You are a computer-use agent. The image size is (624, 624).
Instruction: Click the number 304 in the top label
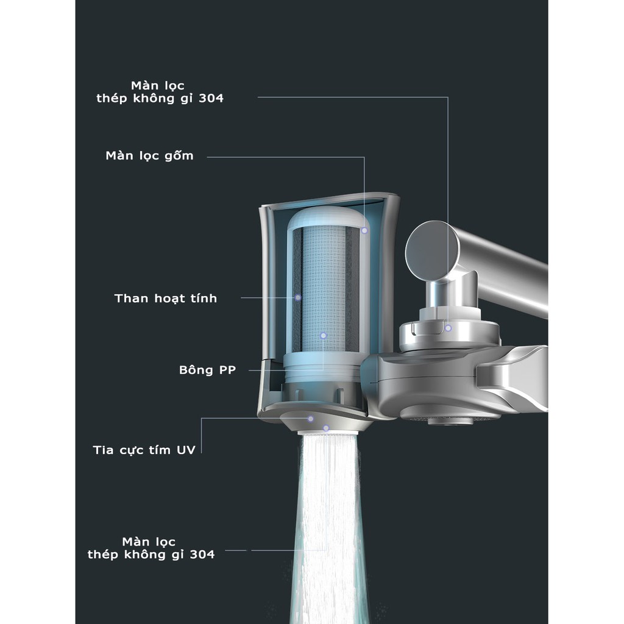coord(210,98)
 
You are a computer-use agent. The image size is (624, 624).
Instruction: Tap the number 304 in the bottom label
coord(202,554)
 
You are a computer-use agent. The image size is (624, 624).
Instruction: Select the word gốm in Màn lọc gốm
coord(179,155)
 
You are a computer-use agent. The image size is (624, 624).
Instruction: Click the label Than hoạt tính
coord(165,298)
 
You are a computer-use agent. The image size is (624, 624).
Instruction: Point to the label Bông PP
coord(207,370)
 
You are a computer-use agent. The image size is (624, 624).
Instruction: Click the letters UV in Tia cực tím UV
coord(186,450)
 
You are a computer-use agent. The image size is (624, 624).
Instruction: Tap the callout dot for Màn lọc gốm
coord(364,230)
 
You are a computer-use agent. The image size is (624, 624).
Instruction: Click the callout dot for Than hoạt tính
coord(298,297)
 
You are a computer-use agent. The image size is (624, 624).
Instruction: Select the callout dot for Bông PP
coord(324,335)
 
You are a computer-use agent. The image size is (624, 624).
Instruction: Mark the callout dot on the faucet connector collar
coord(448,328)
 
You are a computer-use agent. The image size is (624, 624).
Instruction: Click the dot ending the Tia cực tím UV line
coord(311,418)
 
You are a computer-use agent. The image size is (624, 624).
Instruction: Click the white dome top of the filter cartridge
coord(326,219)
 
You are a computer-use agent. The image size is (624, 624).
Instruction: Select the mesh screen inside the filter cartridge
coord(324,286)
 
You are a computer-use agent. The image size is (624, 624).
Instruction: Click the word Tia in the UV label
coord(104,450)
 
